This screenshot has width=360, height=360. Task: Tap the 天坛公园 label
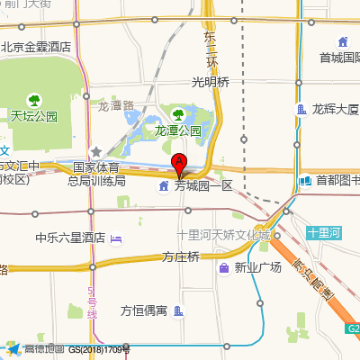click(34, 116)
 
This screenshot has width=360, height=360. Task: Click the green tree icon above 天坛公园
click(33, 99)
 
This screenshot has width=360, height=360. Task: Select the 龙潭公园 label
click(178, 130)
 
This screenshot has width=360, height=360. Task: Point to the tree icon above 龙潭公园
click(178, 114)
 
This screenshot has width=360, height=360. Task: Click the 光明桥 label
click(211, 82)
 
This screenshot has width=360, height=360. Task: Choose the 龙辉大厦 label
click(336, 110)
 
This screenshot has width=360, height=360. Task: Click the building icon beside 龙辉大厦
click(302, 110)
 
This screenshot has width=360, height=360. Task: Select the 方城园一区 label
click(203, 186)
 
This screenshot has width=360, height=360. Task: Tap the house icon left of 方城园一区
click(163, 186)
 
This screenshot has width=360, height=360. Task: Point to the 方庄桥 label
click(180, 257)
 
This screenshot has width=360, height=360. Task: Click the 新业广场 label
click(258, 268)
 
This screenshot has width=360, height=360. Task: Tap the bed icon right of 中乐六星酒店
click(117, 238)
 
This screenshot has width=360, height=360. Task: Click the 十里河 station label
click(323, 232)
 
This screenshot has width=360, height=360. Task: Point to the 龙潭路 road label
click(115, 105)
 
